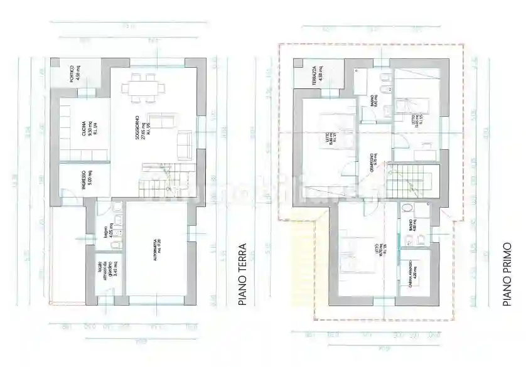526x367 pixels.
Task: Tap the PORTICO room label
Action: tap(75, 74)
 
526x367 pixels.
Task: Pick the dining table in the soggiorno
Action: tap(142, 87)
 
